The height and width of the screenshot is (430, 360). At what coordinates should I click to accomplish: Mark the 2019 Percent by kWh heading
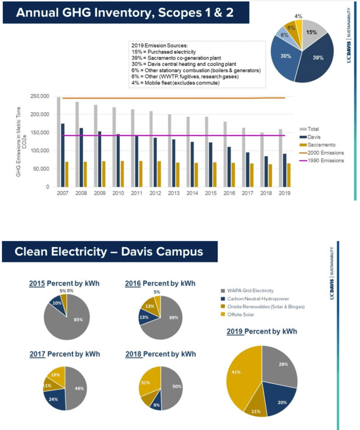(262, 331)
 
